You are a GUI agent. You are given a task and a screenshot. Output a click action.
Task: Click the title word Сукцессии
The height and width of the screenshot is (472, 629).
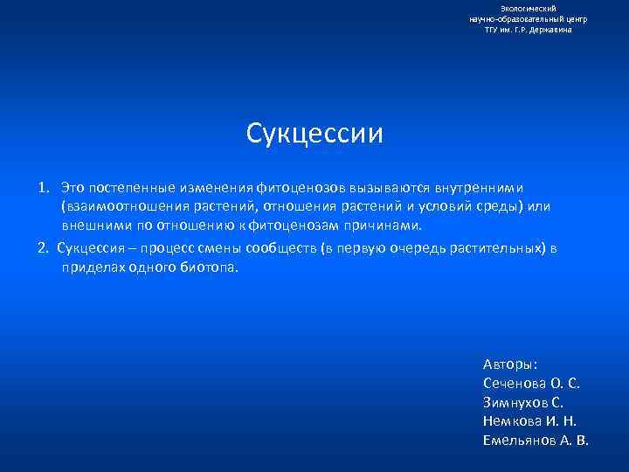314,133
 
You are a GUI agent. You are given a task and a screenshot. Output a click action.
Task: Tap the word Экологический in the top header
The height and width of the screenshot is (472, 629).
529,8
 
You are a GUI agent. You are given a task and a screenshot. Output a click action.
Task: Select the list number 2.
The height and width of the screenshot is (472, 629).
42,247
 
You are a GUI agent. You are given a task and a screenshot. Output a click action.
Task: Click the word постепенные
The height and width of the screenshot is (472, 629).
127,188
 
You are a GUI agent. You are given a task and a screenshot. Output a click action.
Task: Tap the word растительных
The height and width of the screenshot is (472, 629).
495,247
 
